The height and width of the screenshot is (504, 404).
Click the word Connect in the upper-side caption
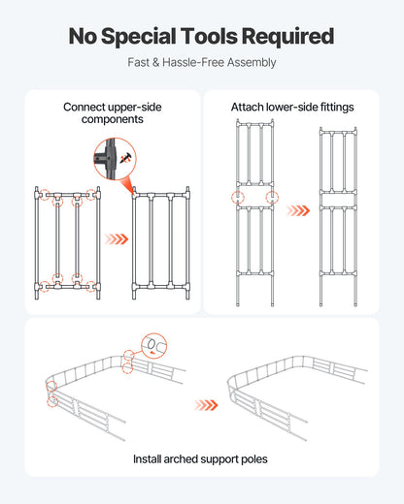tap(86, 107)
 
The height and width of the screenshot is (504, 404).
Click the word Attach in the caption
tap(248, 107)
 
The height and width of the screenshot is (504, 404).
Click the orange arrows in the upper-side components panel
tap(117, 238)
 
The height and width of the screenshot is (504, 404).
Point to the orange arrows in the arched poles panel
tap(205, 405)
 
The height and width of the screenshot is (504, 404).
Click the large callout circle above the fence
tap(153, 345)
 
